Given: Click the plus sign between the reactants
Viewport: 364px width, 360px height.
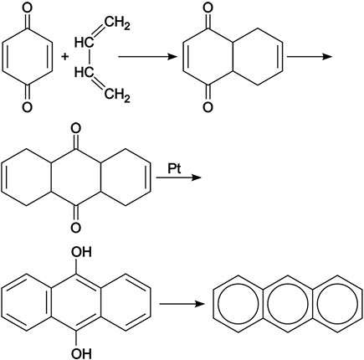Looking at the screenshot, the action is pyautogui.click(x=65, y=57).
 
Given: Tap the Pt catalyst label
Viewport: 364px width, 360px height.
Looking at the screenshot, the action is pyautogui.click(x=175, y=169).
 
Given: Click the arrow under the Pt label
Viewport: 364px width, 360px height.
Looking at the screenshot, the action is pyautogui.click(x=178, y=177).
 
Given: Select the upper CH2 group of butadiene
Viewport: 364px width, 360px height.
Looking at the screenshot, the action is pyautogui.click(x=117, y=23).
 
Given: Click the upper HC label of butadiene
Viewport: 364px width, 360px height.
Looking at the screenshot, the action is pyautogui.click(x=84, y=43).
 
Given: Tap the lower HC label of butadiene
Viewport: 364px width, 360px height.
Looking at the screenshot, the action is pyautogui.click(x=84, y=72).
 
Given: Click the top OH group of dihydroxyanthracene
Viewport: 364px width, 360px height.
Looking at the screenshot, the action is pyautogui.click(x=81, y=252).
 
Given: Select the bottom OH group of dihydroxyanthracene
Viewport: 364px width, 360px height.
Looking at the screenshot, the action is pyautogui.click(x=81, y=354).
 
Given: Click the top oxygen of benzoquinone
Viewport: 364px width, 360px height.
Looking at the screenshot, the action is pyautogui.click(x=27, y=7).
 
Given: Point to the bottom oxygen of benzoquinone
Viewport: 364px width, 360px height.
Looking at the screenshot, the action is pyautogui.click(x=27, y=107).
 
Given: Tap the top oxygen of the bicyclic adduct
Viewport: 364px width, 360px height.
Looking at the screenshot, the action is pyautogui.click(x=208, y=7).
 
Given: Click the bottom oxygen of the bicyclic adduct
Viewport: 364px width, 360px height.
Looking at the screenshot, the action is pyautogui.click(x=208, y=107).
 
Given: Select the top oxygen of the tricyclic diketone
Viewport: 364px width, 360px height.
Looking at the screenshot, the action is pyautogui.click(x=76, y=129).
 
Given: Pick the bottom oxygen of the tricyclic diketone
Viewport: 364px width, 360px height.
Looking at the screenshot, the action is pyautogui.click(x=76, y=228).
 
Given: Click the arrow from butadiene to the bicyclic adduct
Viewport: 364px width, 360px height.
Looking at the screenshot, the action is pyautogui.click(x=148, y=57).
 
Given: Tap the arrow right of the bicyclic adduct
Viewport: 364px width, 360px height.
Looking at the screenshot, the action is pyautogui.click(x=310, y=56).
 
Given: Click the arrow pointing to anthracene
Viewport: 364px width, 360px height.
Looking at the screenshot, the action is pyautogui.click(x=182, y=303).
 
